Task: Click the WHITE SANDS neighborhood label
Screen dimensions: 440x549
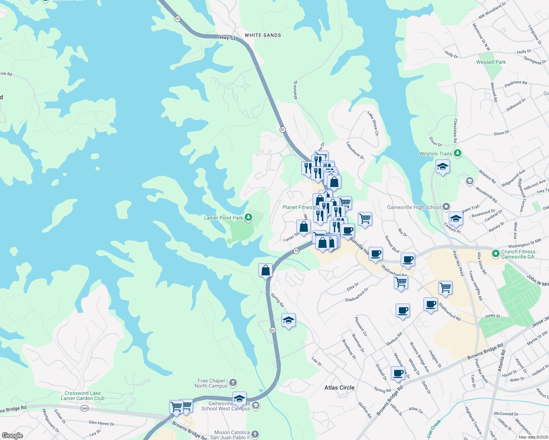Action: tap(263, 35)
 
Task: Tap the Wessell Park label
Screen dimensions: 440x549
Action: tap(491, 62)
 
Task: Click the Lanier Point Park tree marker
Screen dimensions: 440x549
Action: tap(248, 217)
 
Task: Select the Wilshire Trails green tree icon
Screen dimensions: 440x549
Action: tap(457, 153)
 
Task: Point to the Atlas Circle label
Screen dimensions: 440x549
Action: tap(339, 388)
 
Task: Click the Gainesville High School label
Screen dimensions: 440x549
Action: tap(414, 207)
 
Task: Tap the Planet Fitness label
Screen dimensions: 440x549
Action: tap(298, 207)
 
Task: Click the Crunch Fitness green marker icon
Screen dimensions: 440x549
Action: tap(495, 253)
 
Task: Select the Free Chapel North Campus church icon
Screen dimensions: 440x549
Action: tap(233, 383)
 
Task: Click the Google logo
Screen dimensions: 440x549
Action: tap(12, 436)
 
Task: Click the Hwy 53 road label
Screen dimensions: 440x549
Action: tap(228, 37)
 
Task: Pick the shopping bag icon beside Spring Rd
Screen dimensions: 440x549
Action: tap(265, 271)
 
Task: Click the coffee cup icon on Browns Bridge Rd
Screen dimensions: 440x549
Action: tap(398, 373)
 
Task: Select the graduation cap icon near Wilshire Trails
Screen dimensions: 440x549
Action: tap(443, 167)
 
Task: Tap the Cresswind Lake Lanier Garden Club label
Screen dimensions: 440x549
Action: tap(83, 396)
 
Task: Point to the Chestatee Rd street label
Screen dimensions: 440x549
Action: tap(455, 131)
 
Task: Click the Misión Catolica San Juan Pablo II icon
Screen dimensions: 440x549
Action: tap(255, 434)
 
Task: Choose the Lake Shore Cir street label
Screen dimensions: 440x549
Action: tap(373, 124)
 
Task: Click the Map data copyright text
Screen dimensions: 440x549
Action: tap(533, 437)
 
